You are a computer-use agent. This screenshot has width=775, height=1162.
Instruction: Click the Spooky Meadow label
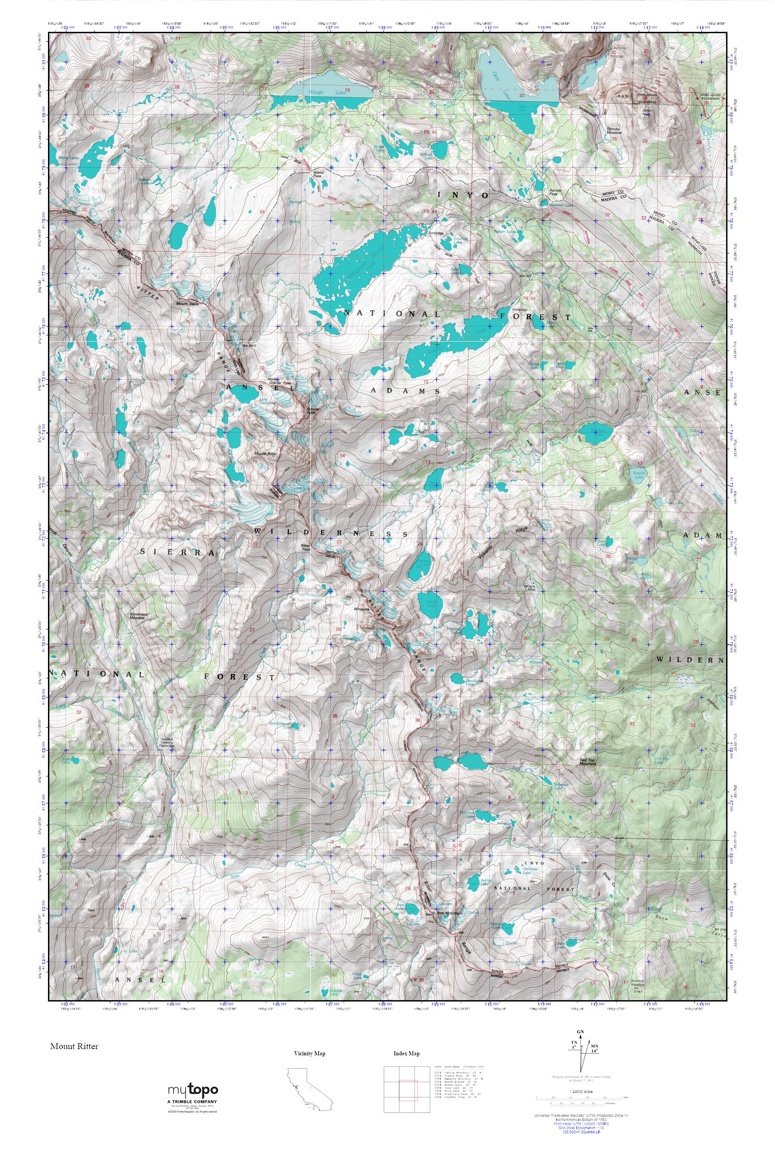click(614, 131)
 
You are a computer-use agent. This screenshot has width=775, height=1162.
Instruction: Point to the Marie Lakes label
click(68, 158)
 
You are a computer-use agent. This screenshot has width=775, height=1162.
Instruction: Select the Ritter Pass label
click(305, 547)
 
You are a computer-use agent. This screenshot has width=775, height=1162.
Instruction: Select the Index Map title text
click(406, 1054)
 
